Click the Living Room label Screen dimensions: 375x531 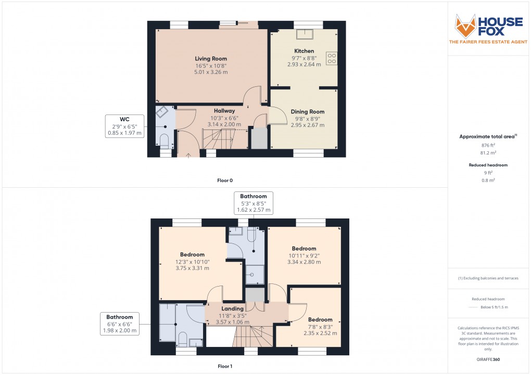[211, 59]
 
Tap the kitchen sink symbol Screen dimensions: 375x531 [304, 34]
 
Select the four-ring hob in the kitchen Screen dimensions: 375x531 [331, 58]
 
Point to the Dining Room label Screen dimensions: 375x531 [307, 112]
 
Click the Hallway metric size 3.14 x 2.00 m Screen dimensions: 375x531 [224, 125]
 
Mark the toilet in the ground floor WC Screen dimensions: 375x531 [164, 140]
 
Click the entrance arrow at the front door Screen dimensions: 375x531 [188, 154]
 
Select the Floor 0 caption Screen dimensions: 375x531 [225, 180]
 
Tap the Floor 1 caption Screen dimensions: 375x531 [225, 366]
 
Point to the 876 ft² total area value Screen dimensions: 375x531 [488, 146]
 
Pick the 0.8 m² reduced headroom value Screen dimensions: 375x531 [488, 180]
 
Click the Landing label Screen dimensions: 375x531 [232, 308]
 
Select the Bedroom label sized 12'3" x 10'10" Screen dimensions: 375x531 [192, 254]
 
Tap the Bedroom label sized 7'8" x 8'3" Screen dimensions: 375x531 [320, 319]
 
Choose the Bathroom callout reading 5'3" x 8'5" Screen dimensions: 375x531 [254, 196]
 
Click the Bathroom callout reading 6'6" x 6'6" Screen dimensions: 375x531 [120, 317]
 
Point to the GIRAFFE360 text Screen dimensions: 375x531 [488, 359]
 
